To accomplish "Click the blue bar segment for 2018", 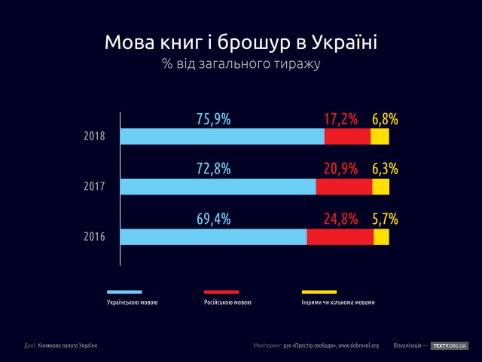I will coord(222,137).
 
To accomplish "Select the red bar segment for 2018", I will coord(347,137).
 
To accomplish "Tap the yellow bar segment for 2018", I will coord(380,137).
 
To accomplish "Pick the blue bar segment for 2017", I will coord(218,186).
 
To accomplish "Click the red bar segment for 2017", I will coord(343,186).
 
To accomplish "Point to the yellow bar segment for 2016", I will coord(381,237).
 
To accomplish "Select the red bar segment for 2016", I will coord(340,237).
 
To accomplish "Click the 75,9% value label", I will coord(213,119).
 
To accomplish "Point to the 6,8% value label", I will coord(384,119).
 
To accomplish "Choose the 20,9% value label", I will coord(340,169).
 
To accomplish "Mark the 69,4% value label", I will coord(213,219).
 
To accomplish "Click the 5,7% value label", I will coord(384,219).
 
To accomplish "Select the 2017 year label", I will coord(95,187).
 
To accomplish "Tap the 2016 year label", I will coord(95,237).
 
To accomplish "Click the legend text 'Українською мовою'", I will coord(133,302).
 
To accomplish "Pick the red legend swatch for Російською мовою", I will coord(221,292).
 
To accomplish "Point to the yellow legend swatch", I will coord(319,292).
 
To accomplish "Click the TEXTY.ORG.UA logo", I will coord(450,345).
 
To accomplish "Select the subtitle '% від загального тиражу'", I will coord(241,64).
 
